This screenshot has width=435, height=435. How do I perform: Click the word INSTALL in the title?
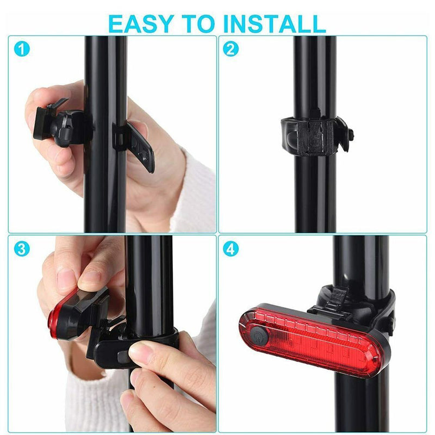click(x=275, y=24)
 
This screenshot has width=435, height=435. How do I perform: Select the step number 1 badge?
click(x=22, y=49)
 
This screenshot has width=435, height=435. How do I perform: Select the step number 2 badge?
click(x=231, y=49)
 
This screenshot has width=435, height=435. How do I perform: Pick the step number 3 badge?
click(x=22, y=249)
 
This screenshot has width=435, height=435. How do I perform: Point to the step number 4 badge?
click(x=231, y=249)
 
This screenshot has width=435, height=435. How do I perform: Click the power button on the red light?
click(x=258, y=335)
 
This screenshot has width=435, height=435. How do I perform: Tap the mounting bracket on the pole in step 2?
click(x=317, y=135)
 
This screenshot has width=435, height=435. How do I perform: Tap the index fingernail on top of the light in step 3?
click(x=89, y=278)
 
